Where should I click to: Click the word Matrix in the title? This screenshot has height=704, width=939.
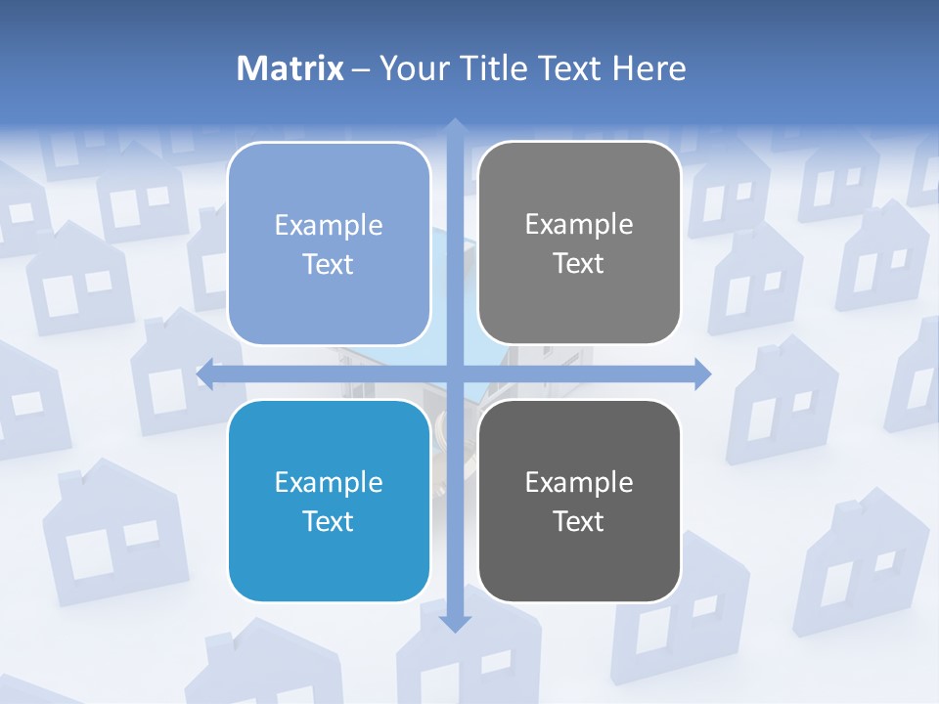tap(291, 68)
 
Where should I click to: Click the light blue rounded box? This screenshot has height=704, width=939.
tap(329, 243)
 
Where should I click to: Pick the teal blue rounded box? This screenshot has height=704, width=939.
tap(329, 501)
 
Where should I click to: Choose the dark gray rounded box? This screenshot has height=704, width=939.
tap(579, 501)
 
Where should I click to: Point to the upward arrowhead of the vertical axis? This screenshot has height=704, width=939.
tap(454, 126)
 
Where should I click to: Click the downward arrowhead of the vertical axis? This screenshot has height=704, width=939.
tap(454, 623)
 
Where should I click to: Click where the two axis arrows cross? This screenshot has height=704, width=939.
tap(454, 374)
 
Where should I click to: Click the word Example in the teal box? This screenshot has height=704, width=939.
tap(329, 482)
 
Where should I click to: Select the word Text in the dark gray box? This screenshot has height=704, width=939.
tap(579, 521)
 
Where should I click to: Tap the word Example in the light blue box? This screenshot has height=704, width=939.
tap(329, 225)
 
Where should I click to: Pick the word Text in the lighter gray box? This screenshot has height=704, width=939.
tap(579, 263)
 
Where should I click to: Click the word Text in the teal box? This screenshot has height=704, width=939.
tap(329, 521)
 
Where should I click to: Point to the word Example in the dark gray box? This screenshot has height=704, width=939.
tap(579, 482)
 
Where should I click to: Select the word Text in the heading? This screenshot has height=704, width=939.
tap(571, 68)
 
